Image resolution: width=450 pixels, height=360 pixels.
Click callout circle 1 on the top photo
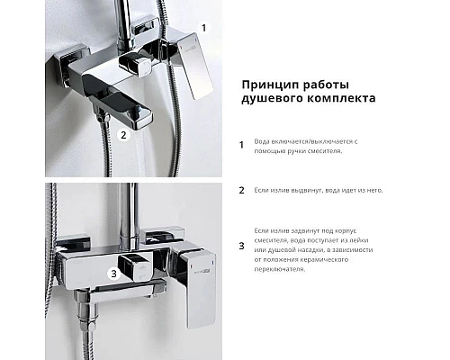pos(202,28)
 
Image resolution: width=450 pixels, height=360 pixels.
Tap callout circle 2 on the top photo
pos(122,136)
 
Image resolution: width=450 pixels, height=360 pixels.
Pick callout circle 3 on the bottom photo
pos(111,273)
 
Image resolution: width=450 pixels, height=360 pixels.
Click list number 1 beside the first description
pos(241,145)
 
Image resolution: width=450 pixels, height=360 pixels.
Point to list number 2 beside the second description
pos(241,190)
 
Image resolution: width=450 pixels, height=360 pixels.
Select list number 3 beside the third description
pos(241,245)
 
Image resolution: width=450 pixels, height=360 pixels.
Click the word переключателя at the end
pos(283,270)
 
